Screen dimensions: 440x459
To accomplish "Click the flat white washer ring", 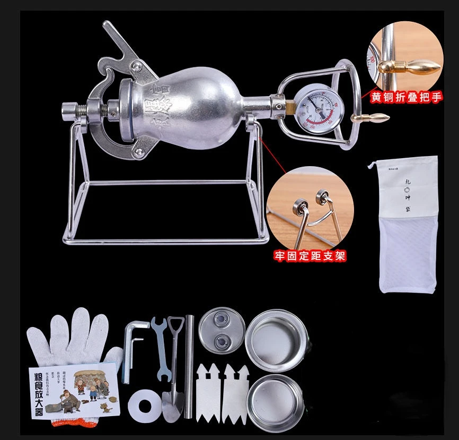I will pos(144,403).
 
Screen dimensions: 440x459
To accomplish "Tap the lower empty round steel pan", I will pos(275,401).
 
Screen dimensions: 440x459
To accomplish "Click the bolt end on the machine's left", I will pos(69,111).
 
